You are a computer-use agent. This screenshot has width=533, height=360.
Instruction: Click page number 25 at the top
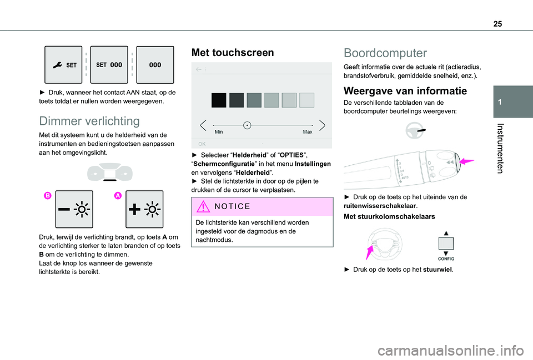point(497,24)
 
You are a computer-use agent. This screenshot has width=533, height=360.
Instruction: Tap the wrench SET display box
point(63,65)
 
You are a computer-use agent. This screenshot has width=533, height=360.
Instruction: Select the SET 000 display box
point(109,65)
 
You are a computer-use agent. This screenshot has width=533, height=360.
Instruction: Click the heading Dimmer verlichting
point(89,121)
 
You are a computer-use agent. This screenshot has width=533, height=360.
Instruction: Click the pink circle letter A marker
point(118,195)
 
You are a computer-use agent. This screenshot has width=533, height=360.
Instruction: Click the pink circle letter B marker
point(48,195)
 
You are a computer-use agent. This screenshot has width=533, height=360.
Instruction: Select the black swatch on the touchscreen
point(219,100)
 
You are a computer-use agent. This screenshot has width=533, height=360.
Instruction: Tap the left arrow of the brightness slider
point(203,125)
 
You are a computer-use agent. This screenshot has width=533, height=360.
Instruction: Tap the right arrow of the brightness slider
point(322,125)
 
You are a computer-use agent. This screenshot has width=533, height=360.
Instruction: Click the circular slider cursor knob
point(247,125)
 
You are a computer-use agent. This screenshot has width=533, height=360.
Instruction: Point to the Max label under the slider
point(307,132)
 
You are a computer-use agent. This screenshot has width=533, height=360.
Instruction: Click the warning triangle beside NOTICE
point(203,206)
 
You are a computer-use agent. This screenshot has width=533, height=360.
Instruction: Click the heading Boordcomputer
point(385,53)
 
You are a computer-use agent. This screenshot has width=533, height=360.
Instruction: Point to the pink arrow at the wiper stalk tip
point(466,161)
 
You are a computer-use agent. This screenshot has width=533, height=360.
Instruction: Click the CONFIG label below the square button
point(446,259)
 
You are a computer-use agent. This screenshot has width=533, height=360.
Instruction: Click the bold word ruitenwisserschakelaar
point(380,206)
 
